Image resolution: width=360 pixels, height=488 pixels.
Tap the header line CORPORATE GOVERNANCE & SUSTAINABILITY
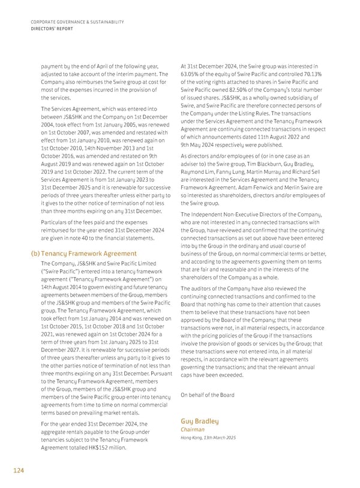click(76, 22)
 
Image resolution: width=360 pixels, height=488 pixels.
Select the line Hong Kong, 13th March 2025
click(208, 438)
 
